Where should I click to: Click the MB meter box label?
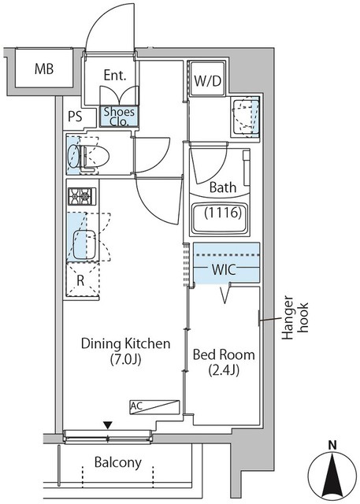[x=44, y=69]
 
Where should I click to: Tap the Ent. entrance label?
[x=115, y=76]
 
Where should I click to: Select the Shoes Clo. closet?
[x=119, y=116]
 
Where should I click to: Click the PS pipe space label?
[x=75, y=117]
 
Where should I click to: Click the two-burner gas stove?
[x=82, y=196]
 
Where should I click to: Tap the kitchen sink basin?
[x=84, y=244]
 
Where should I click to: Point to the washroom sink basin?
[x=245, y=117]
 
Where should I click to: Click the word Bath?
[x=223, y=187]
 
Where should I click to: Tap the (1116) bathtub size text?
[x=223, y=213]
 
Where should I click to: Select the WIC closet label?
[x=224, y=269]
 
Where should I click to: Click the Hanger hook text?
[x=295, y=318]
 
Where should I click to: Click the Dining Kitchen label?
[x=125, y=343]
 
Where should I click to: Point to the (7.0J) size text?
[x=126, y=359]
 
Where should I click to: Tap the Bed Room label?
[x=224, y=355]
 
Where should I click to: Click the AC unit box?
[x=154, y=407]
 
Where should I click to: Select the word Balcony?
[x=118, y=462]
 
